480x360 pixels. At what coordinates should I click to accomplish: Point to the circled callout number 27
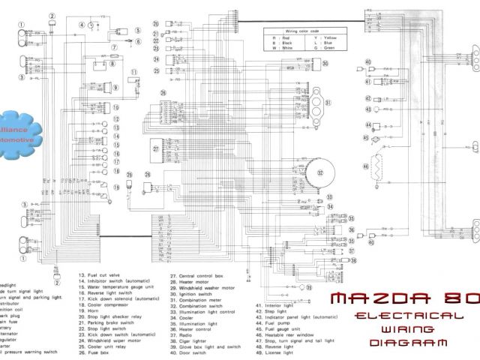point(155,148)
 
